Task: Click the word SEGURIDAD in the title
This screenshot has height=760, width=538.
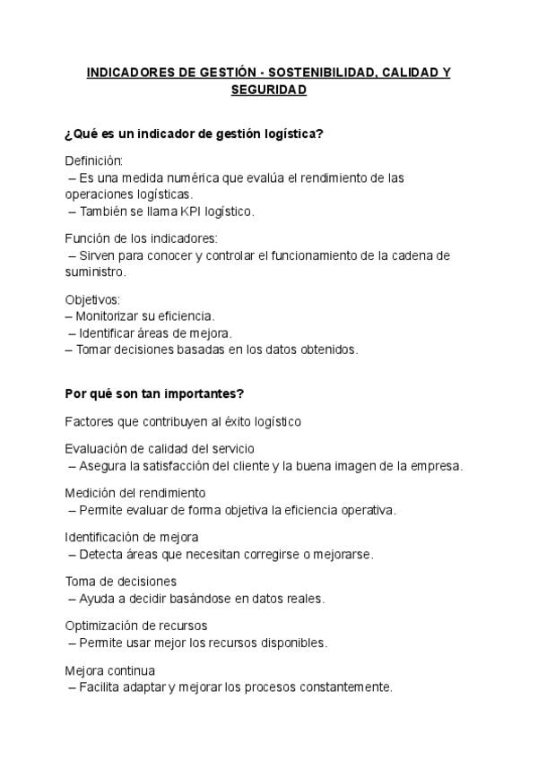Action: pos(268,90)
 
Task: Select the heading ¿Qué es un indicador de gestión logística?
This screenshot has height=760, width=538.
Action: pos(194,134)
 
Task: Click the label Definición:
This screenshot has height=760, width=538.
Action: pos(93,160)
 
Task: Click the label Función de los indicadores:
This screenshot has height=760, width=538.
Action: pos(141,238)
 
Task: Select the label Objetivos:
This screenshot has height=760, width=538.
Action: pos(92,299)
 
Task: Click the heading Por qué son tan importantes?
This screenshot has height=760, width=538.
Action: pos(154,393)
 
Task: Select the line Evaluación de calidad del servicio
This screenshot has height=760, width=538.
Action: pos(165,449)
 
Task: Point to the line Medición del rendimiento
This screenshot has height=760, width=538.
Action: pos(135,493)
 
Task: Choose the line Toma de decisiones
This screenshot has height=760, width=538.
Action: pos(120,582)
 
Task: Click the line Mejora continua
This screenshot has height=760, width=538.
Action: pos(110,670)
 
